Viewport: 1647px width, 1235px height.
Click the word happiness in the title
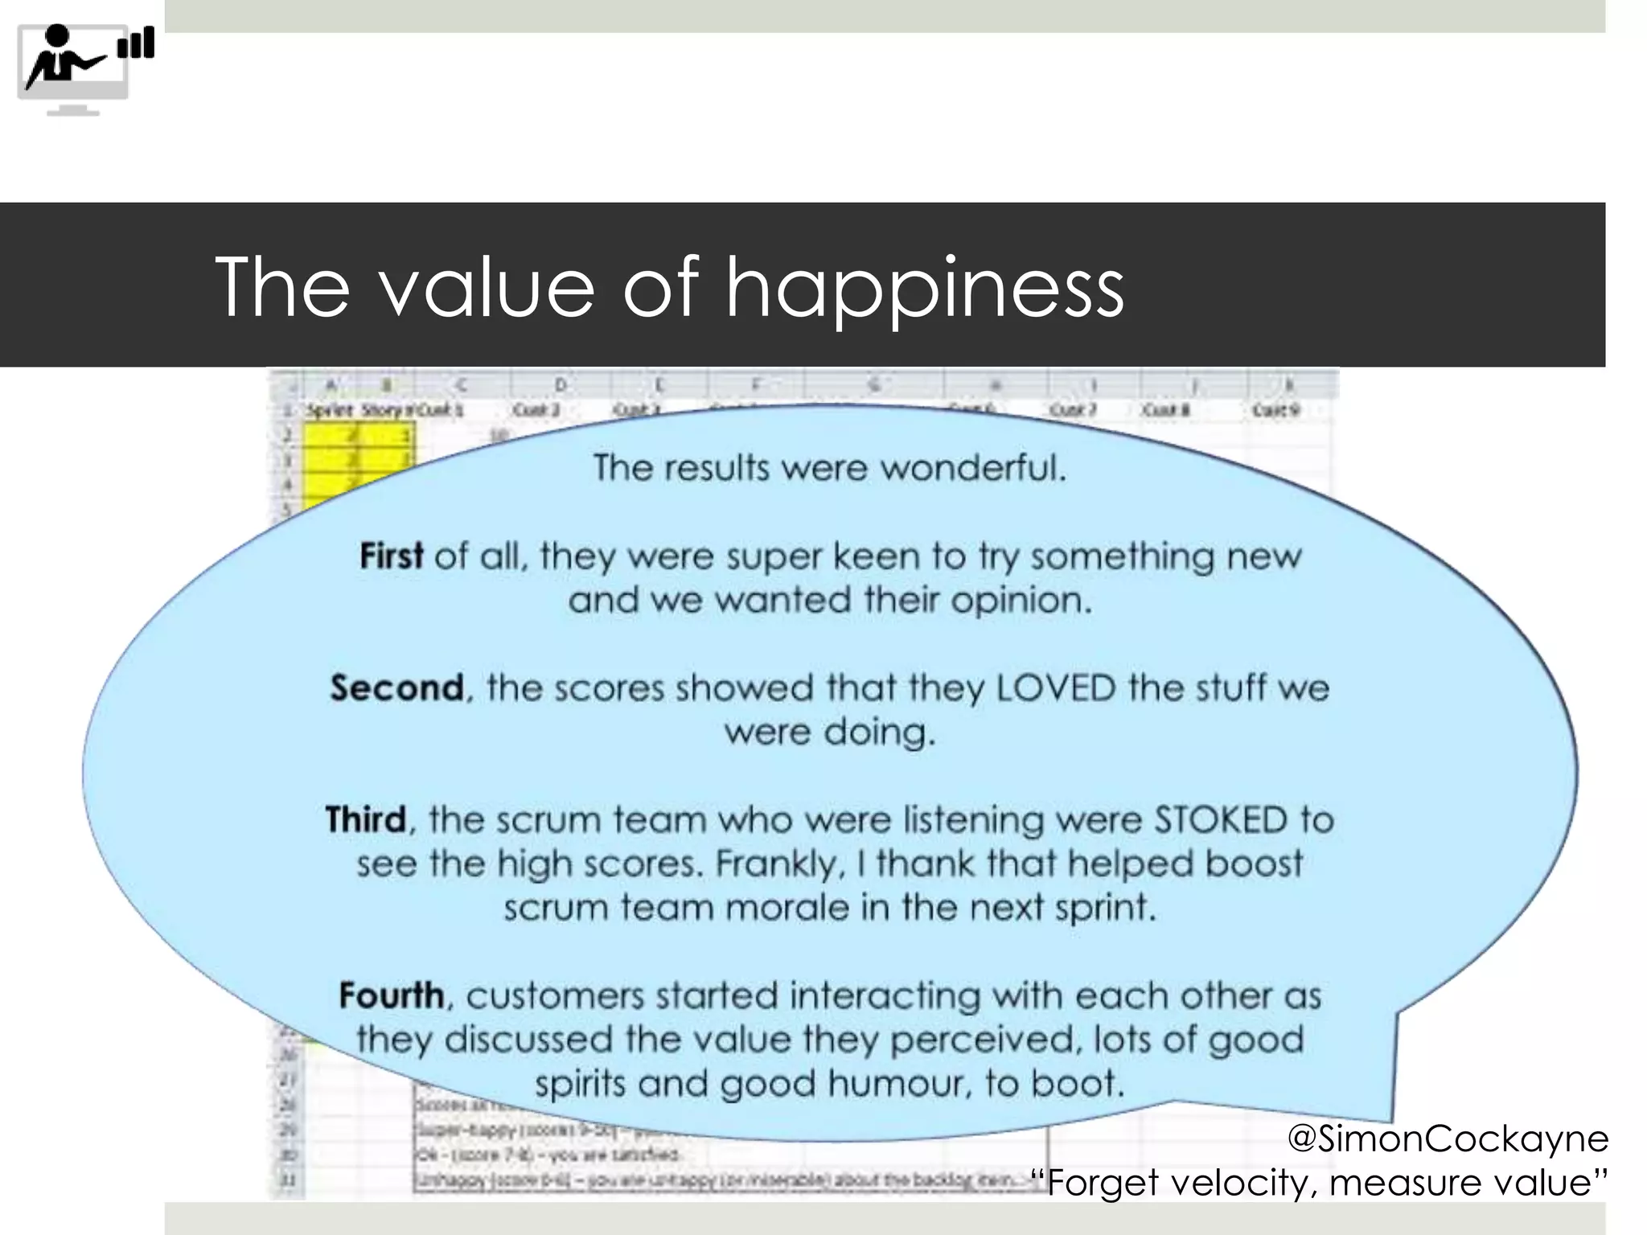click(924, 288)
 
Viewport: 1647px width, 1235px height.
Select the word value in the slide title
click(487, 288)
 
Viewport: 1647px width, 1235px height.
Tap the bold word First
click(391, 556)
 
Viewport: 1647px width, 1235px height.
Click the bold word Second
click(397, 688)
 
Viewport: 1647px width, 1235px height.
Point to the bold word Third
click(366, 820)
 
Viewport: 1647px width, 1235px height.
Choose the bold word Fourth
click(392, 995)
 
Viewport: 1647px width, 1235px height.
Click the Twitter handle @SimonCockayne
click(1448, 1139)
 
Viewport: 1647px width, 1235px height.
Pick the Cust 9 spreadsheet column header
click(1275, 410)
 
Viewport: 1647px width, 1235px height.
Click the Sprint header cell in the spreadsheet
click(329, 410)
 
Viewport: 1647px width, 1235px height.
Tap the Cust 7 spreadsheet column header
click(1073, 410)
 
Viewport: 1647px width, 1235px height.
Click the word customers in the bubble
click(555, 995)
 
